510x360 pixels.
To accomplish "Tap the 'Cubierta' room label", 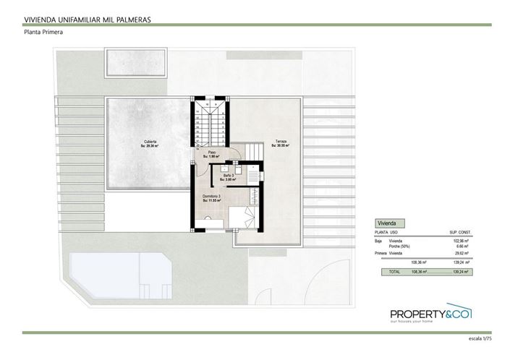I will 150,142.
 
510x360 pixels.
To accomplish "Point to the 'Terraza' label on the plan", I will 280,142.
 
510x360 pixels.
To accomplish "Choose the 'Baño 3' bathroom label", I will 227,176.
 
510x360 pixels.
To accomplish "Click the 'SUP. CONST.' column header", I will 459,233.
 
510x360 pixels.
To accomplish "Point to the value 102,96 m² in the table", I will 460,241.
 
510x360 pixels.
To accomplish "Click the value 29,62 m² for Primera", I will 461,253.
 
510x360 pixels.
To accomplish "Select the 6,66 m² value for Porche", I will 462,246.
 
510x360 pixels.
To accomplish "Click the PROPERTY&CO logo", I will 430,314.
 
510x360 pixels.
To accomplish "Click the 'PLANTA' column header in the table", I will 380,233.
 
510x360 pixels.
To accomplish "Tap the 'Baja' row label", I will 378,241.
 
